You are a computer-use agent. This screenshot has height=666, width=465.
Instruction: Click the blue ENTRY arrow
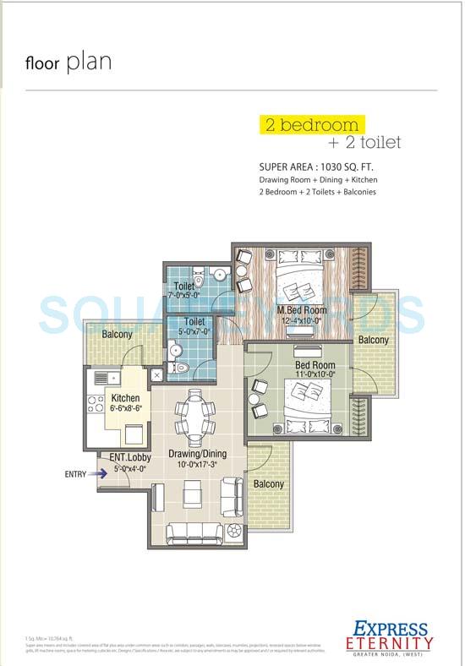[x=101, y=474]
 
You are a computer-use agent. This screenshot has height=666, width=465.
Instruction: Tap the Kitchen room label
[x=124, y=398]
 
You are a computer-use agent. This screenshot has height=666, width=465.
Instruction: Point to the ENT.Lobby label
[x=131, y=457]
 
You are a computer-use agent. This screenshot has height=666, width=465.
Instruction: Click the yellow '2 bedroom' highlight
[x=310, y=125]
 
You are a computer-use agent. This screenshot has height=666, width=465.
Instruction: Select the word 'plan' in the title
[x=89, y=63]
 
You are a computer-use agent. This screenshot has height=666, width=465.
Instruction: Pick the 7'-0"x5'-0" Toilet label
[x=183, y=290]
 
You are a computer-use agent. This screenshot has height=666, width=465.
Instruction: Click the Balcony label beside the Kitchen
[x=118, y=335]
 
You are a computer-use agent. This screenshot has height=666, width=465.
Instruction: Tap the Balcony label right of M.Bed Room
[x=373, y=340]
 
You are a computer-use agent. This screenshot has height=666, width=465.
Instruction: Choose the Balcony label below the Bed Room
[x=269, y=483]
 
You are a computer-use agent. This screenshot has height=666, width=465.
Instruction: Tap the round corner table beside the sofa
[x=234, y=531]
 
